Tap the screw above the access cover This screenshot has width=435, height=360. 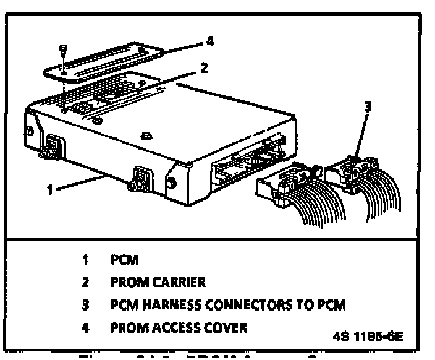(x=62, y=49)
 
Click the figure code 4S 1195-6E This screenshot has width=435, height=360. (x=368, y=337)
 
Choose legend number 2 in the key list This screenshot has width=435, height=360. (x=85, y=282)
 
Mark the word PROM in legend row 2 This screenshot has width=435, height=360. (x=131, y=282)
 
